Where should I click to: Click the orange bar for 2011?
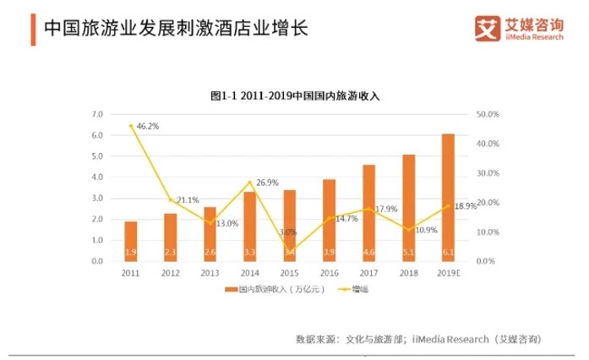(130, 241)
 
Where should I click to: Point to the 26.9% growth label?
(266, 182)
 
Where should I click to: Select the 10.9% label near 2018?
(427, 230)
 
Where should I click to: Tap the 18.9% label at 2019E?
(466, 206)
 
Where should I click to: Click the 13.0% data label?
(227, 223)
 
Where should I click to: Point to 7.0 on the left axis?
(97, 114)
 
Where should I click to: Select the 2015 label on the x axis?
(289, 273)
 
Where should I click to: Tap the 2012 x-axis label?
(170, 273)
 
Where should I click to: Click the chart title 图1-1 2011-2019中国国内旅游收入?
(295, 95)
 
